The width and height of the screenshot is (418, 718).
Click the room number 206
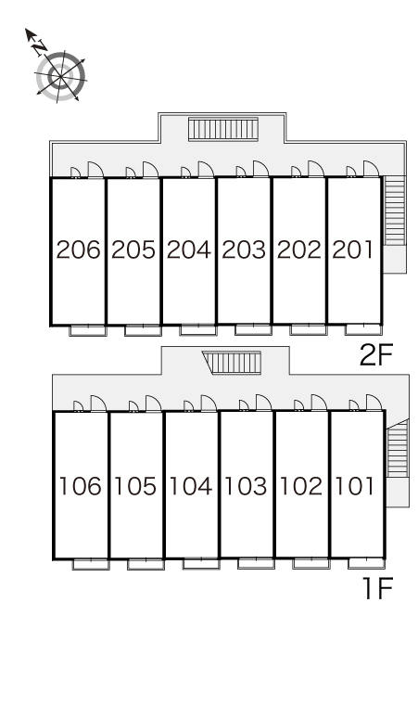[78, 250]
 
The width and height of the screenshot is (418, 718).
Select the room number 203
[244, 250]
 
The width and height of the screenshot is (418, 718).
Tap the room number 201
[352, 250]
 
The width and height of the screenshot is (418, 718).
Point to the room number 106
[81, 486]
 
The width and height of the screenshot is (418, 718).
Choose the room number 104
[191, 486]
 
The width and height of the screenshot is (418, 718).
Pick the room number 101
[355, 486]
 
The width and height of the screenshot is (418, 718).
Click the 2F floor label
[376, 355]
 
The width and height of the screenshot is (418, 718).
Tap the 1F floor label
[378, 588]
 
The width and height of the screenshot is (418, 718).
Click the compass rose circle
[60, 76]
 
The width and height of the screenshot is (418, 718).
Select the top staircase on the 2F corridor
[223, 129]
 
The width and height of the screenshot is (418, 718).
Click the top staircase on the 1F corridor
[233, 363]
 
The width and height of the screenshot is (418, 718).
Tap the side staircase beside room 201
[394, 211]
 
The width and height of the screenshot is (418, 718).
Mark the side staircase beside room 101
[397, 449]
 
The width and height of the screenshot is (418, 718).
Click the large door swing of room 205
[150, 169]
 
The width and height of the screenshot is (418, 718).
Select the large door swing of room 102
[319, 403]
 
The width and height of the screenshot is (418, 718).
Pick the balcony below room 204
[197, 329]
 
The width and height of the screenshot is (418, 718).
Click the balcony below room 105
[146, 564]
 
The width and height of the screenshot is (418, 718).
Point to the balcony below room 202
[309, 329]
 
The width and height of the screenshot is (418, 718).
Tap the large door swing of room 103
[264, 403]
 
